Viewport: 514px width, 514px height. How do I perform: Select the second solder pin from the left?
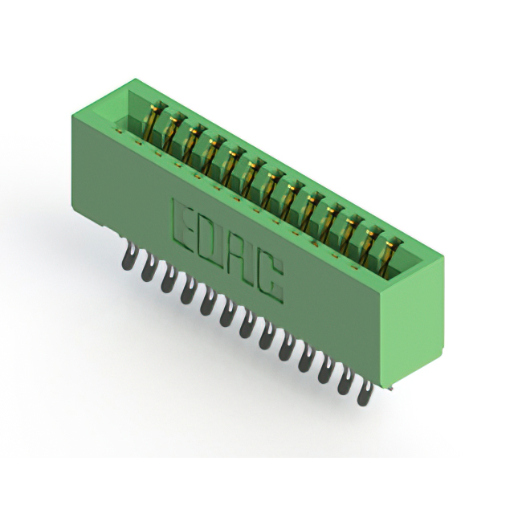(x=148, y=270)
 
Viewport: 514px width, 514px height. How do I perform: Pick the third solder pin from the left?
(x=168, y=280)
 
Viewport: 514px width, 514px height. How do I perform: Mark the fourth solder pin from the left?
(x=187, y=292)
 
